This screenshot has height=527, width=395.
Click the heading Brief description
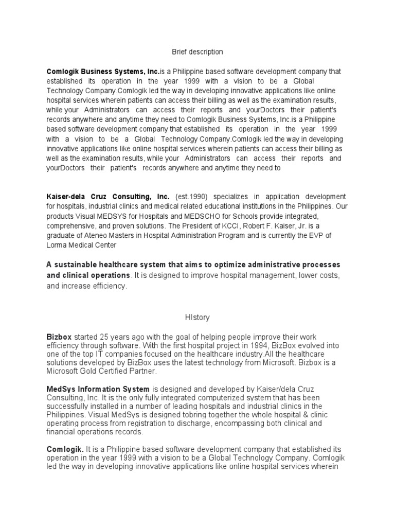click(197, 52)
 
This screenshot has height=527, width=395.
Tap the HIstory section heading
click(197, 318)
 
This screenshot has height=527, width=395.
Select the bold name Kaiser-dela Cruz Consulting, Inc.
click(108, 197)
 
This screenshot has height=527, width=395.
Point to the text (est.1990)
click(191, 197)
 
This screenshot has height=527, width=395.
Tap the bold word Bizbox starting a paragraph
click(58, 337)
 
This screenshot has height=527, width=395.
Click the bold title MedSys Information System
click(98, 389)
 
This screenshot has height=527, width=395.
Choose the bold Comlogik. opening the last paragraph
click(65, 449)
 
